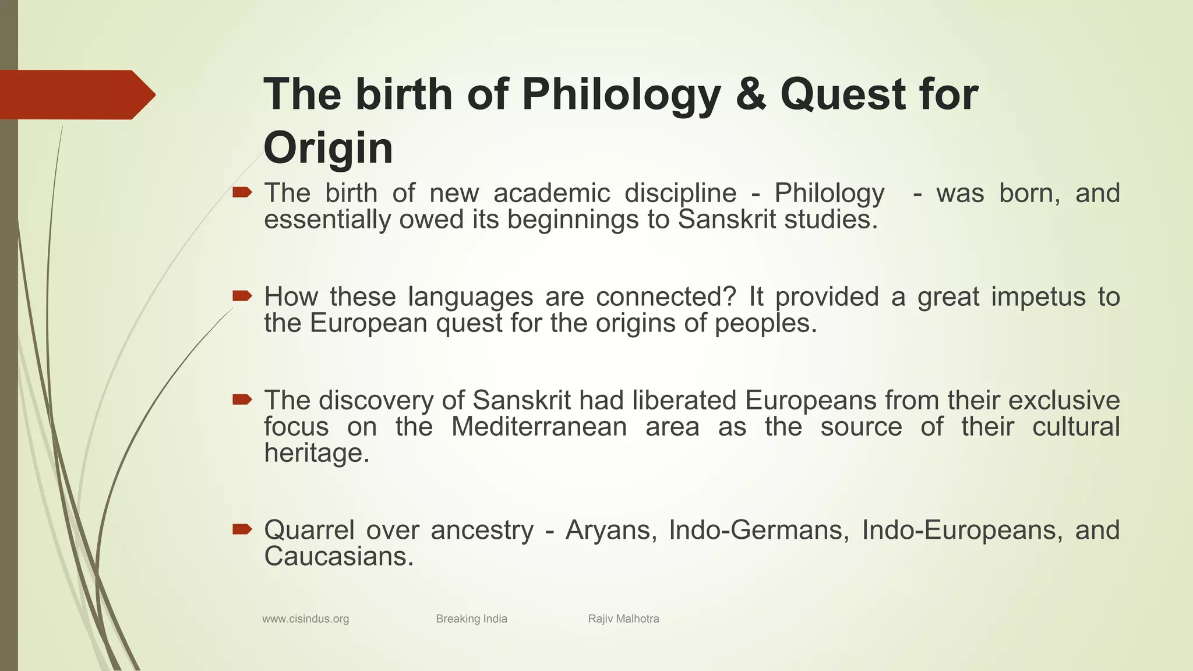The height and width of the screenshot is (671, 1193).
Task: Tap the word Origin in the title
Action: click(328, 148)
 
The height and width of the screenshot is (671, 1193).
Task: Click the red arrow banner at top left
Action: click(76, 94)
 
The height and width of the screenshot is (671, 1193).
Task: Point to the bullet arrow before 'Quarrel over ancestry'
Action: click(242, 529)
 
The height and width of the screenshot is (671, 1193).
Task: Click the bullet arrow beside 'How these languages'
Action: click(242, 296)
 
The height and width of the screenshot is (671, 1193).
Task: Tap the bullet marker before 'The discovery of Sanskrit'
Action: click(242, 400)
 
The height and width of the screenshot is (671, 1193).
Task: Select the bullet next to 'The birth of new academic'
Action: click(242, 192)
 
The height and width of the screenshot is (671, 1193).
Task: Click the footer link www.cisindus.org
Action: click(305, 619)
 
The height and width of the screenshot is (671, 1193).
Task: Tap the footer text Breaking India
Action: click(471, 619)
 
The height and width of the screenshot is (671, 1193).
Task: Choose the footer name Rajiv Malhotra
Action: click(623, 619)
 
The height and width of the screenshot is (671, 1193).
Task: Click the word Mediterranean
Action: click(539, 426)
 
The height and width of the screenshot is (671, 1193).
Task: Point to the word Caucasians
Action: click(338, 556)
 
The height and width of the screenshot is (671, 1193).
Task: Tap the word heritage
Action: click(316, 453)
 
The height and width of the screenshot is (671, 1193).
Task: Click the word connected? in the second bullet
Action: click(667, 297)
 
